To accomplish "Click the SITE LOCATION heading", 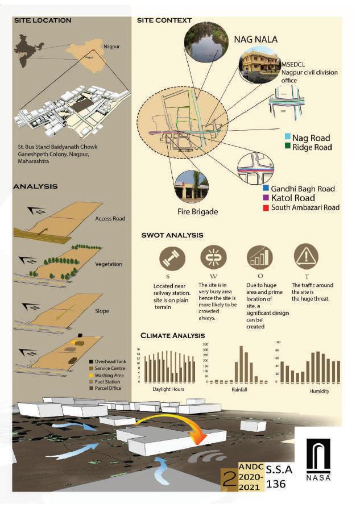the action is point(43,20).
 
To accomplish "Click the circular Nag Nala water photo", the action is point(204,41).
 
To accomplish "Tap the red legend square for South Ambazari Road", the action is point(266,207).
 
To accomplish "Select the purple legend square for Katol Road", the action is point(266,198).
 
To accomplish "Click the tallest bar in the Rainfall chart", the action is point(241,364).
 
